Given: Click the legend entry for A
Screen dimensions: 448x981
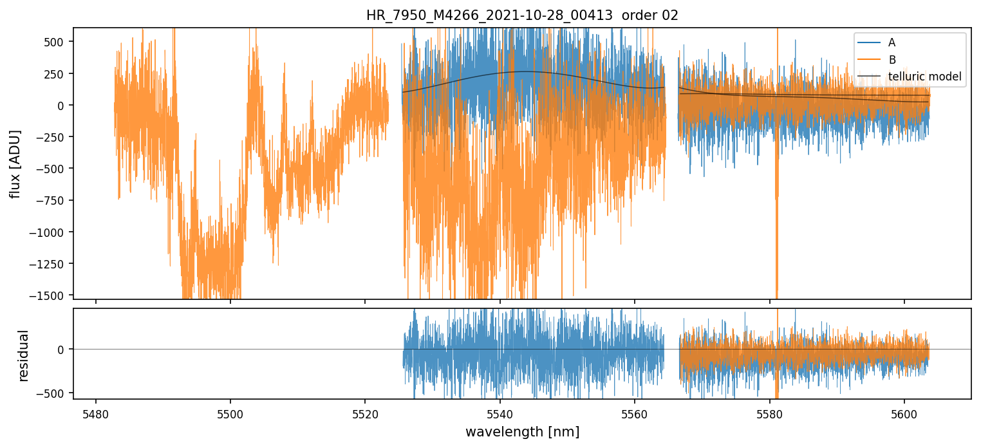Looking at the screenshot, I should [892, 42].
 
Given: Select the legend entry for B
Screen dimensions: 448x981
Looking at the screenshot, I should [892, 60].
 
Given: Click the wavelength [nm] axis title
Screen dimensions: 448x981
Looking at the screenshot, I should [522, 431].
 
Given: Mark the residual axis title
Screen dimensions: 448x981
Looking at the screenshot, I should [23, 355].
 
